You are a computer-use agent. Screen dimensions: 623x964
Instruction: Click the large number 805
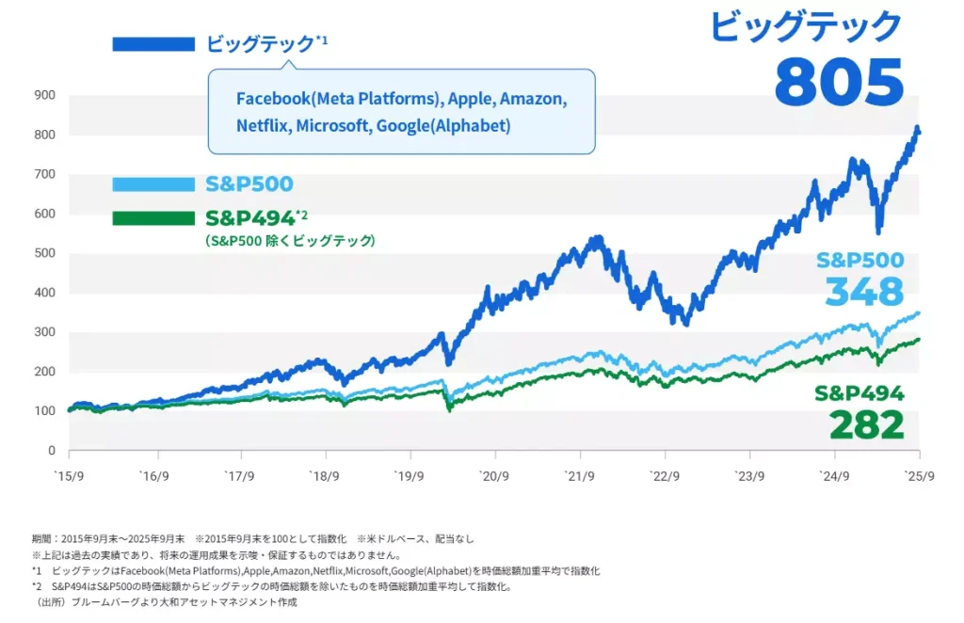[838, 82]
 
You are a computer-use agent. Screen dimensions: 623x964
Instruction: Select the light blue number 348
[863, 292]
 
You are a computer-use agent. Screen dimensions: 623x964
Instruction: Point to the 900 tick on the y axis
[45, 95]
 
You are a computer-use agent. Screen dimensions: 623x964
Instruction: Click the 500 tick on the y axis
[45, 253]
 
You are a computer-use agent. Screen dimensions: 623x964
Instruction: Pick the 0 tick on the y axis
[53, 451]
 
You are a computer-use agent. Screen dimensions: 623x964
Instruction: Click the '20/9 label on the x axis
[493, 475]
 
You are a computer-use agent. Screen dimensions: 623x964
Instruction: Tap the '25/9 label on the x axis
[918, 475]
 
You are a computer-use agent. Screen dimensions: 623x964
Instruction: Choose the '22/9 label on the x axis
[664, 475]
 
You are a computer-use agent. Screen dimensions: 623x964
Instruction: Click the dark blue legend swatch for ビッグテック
[153, 44]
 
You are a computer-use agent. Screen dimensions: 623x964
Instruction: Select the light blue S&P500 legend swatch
[153, 184]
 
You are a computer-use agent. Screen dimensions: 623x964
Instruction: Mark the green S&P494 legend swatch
[153, 218]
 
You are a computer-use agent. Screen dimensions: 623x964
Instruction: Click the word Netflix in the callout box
[263, 125]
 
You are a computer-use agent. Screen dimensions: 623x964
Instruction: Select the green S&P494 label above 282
[860, 393]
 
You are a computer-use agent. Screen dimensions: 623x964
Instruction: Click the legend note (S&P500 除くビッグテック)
[290, 241]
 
